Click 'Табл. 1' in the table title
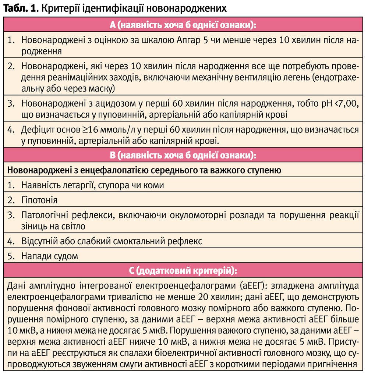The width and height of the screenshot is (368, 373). click(x=19, y=8)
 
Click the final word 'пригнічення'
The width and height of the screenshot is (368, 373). click(x=333, y=365)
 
